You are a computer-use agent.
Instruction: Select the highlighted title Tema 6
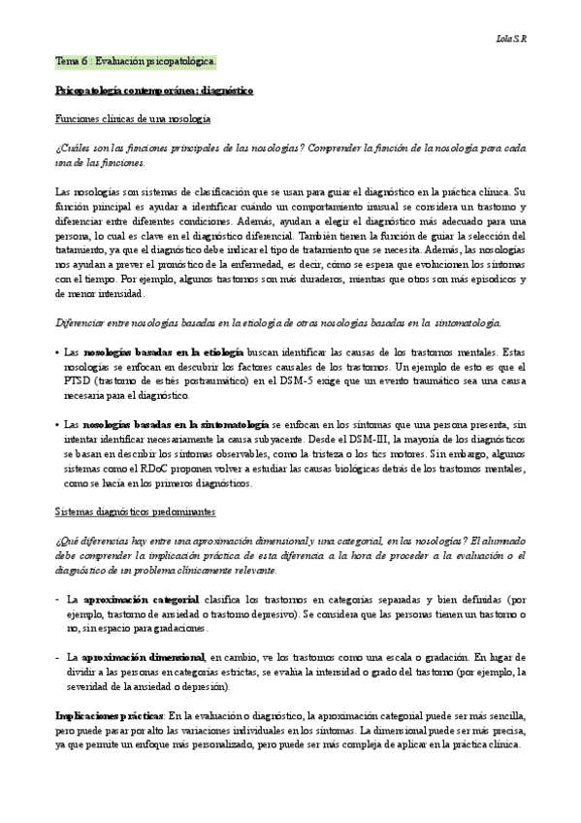click(136, 60)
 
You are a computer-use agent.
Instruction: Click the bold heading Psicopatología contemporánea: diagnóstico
click(153, 89)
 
